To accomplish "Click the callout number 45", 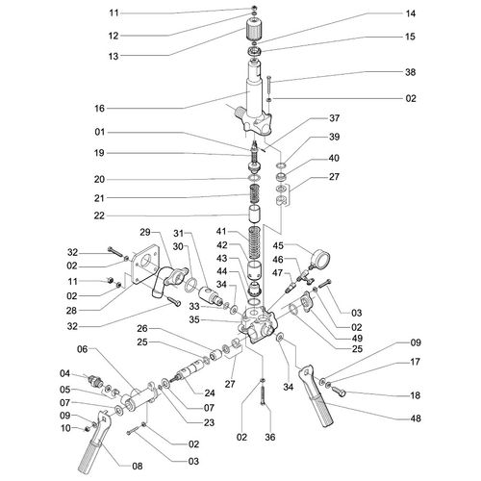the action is point(278,245).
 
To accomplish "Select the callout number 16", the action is point(99,109).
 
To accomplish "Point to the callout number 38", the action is point(411,72).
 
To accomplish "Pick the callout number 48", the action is point(416,418).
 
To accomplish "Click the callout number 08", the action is point(138,467).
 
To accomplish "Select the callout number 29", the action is point(145,232).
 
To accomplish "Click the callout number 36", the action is point(270,437).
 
